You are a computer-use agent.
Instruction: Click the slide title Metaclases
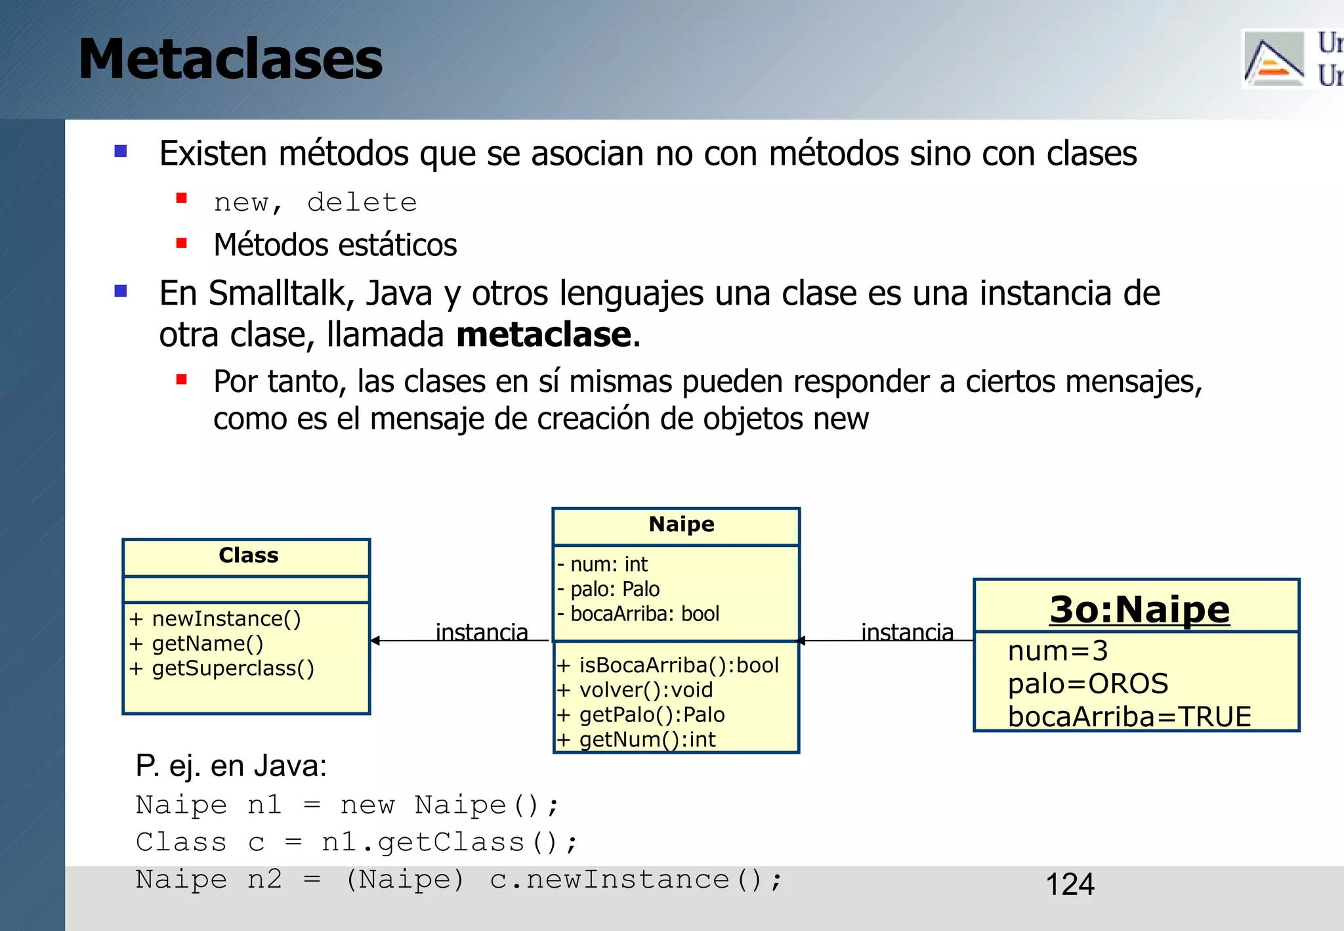pos(230,60)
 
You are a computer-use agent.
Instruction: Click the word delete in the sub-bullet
pos(362,203)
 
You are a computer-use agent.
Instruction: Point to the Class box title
pos(248,555)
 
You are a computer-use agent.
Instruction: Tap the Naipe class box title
pos(681,525)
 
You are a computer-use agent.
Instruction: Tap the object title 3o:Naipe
pos(1139,609)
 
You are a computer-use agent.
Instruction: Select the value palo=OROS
pos(1088,684)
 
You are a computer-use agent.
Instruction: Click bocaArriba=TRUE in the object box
pos(1129,716)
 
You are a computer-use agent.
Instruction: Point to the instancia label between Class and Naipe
pos(482,632)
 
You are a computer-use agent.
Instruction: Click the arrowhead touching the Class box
pos(375,640)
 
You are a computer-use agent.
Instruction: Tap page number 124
pos(1070,884)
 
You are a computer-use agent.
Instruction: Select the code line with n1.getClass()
pos(356,842)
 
